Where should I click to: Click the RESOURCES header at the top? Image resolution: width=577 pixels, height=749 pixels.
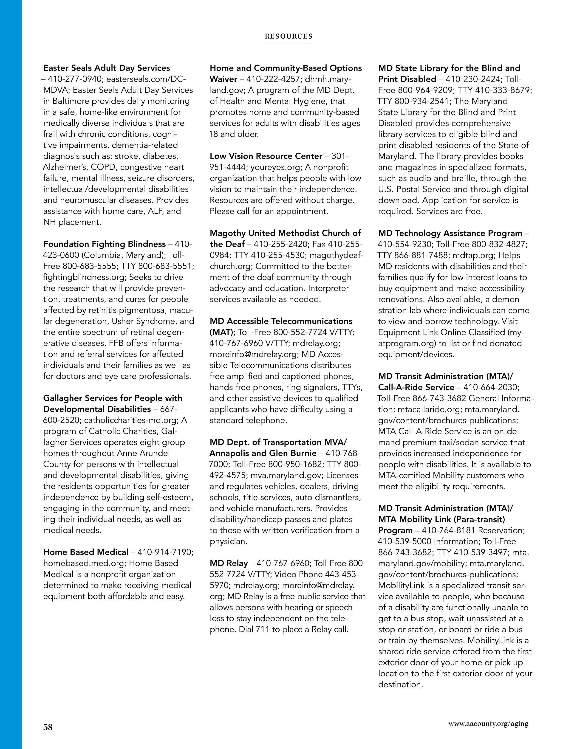tap(288, 36)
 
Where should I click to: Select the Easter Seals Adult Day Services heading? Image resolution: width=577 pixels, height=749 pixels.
tap(107, 68)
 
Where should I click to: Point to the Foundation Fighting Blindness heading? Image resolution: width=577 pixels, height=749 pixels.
tap(104, 244)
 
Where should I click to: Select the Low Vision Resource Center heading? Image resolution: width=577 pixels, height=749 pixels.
tap(266, 156)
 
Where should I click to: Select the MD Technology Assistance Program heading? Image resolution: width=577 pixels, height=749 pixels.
tap(450, 233)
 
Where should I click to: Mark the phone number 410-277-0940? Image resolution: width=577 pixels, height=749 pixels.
tap(75, 79)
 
